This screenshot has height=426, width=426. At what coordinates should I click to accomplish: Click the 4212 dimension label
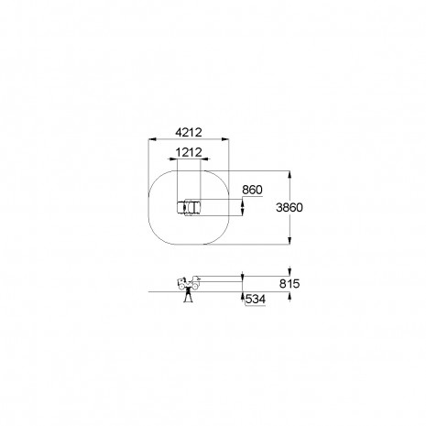(189, 132)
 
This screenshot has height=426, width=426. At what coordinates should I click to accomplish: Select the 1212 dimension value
(189, 152)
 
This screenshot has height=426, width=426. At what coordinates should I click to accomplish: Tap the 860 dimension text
(252, 190)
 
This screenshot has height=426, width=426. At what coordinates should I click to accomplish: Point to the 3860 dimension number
(289, 207)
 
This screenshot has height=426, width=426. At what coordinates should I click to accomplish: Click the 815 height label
(289, 284)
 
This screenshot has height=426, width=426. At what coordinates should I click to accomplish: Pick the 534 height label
(256, 300)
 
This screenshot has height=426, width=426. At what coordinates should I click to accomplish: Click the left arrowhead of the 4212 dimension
(152, 139)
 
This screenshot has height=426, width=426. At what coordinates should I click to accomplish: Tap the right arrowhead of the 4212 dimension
(225, 139)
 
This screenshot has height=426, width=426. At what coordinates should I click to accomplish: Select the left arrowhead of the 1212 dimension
(173, 158)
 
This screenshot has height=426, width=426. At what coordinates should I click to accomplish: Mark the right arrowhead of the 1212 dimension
(205, 158)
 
